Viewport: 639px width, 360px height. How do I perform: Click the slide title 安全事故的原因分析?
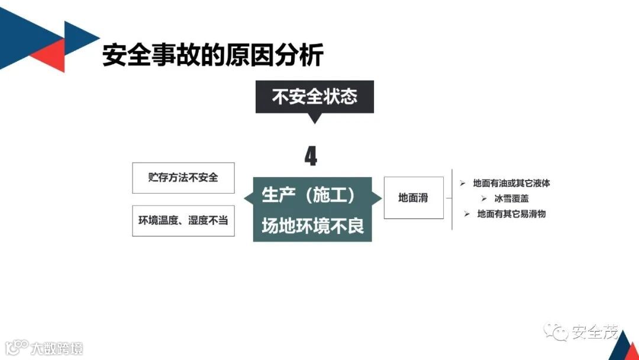213,56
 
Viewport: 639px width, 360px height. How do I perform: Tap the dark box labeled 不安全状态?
314,97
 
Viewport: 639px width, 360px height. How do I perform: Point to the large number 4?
311,157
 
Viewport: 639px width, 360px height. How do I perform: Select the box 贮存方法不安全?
183,178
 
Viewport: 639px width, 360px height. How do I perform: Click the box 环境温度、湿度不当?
183,220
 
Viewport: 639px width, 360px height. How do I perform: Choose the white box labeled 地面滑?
414,198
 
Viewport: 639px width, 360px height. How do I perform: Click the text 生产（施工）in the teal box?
308,195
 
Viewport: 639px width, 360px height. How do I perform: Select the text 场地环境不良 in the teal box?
312,226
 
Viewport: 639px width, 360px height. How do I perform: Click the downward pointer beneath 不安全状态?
315,118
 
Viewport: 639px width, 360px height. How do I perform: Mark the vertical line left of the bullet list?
453,198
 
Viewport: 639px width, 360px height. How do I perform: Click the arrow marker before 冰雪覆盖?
483,199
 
